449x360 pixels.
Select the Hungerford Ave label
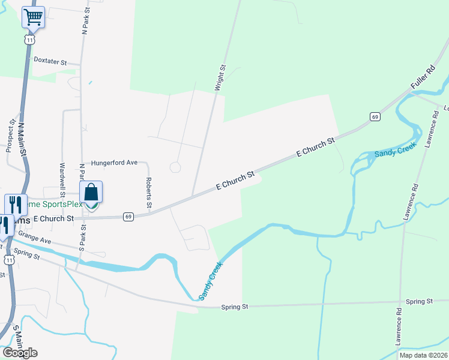click(114, 163)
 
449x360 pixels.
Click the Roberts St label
click(148, 193)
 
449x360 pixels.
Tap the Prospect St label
click(10, 135)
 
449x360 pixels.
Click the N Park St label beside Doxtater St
click(87, 20)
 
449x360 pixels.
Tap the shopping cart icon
click(34, 17)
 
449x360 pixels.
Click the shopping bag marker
click(91, 193)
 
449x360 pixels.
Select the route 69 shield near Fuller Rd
click(375, 116)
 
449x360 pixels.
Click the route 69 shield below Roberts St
click(128, 217)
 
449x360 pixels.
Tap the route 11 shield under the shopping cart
click(29, 39)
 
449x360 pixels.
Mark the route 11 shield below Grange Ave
click(8, 259)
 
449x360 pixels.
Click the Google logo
click(20, 353)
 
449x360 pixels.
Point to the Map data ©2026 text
click(423, 355)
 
